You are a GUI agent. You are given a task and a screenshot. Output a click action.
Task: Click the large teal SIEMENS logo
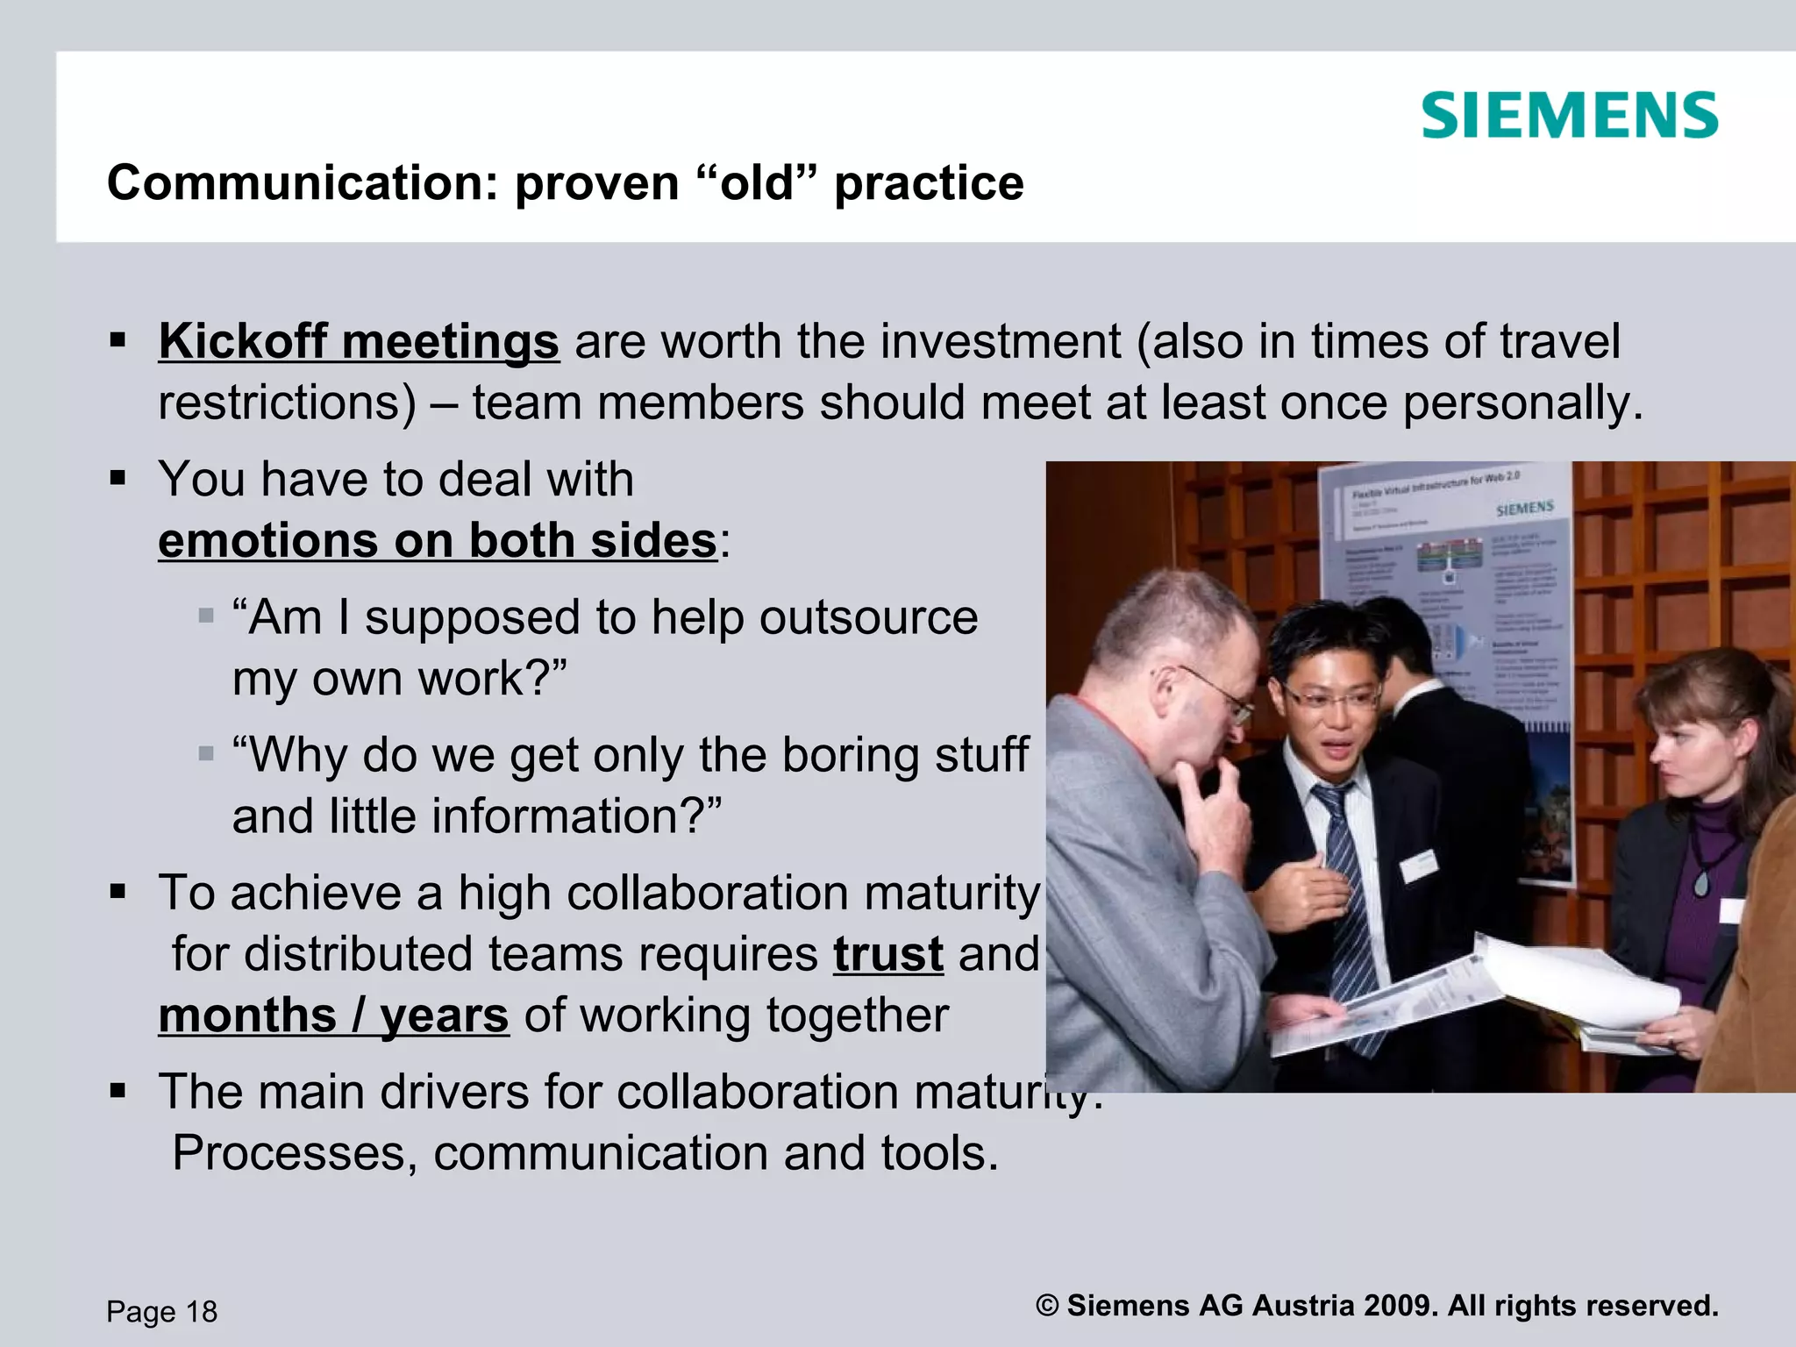1569,115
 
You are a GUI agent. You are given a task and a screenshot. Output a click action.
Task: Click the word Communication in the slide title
290,183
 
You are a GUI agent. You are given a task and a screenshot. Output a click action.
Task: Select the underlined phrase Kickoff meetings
359,341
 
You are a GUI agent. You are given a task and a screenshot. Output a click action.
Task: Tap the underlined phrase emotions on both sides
438,540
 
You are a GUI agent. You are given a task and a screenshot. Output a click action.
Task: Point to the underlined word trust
888,954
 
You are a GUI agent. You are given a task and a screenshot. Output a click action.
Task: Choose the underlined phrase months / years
333,1016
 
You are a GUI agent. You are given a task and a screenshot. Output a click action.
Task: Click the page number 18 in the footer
202,1312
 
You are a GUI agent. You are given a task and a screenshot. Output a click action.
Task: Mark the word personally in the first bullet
1522,403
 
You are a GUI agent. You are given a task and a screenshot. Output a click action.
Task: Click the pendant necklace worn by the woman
1702,882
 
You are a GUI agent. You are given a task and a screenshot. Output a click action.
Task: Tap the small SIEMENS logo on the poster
1524,509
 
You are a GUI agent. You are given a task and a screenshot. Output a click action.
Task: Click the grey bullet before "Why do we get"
207,754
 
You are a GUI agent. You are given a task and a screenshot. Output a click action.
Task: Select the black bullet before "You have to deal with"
118,479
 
